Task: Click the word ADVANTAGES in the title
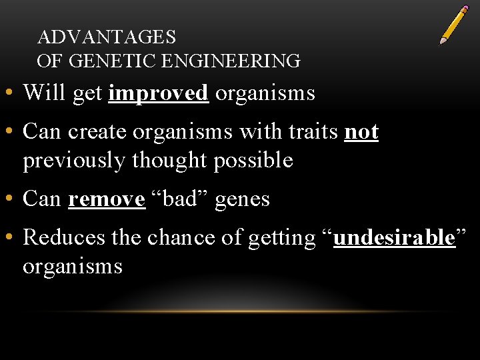pyautogui.click(x=107, y=37)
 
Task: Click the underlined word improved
pyautogui.click(x=159, y=93)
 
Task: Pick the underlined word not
pyautogui.click(x=361, y=132)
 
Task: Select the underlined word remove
pyautogui.click(x=107, y=199)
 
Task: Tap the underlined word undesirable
pyautogui.click(x=393, y=237)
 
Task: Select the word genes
pyautogui.click(x=242, y=199)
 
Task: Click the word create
pyautogui.click(x=99, y=132)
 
